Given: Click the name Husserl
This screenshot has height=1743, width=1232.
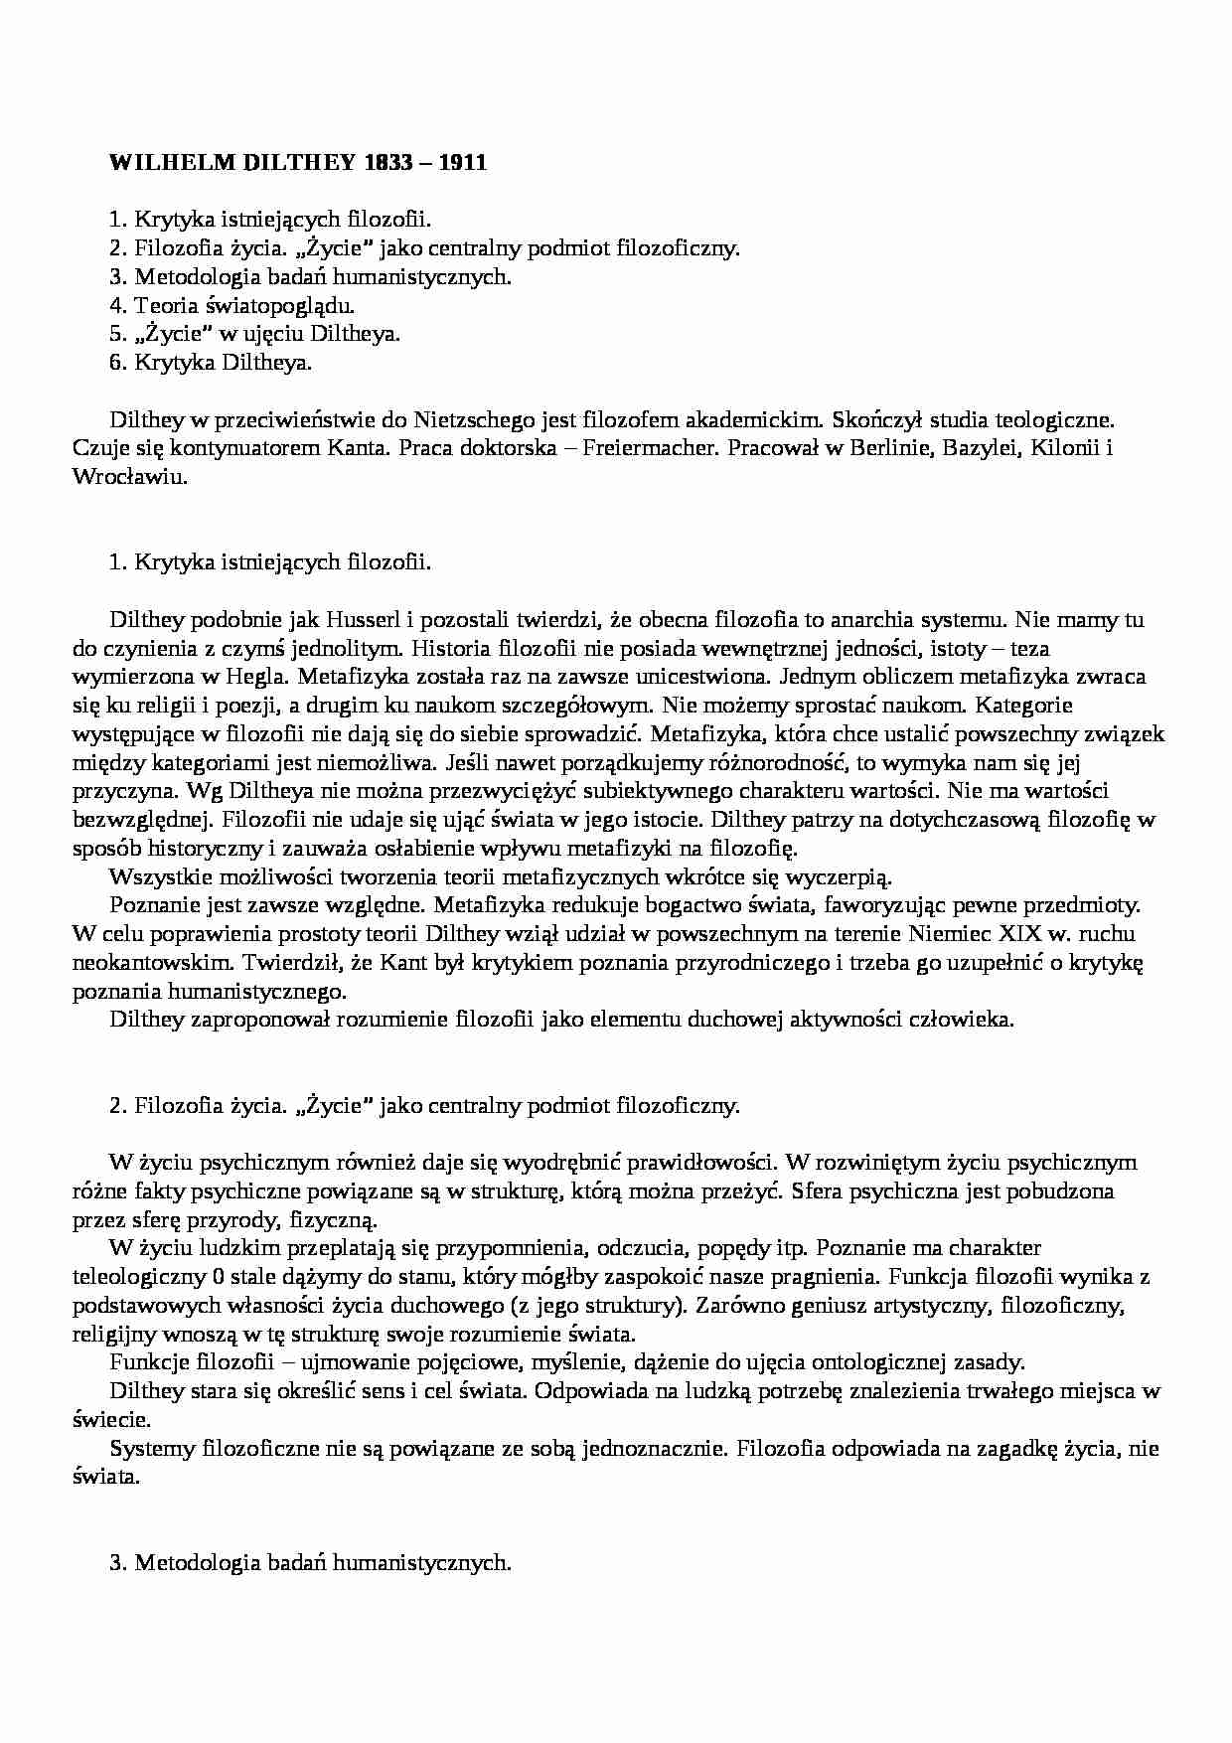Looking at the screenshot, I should click(x=363, y=620).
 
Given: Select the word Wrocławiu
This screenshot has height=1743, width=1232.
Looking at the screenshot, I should click(x=130, y=476).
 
